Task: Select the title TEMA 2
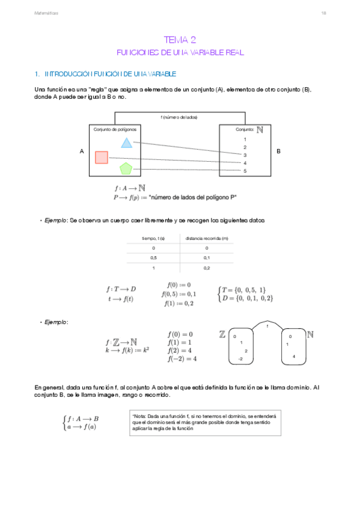point(180,40)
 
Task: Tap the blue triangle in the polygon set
point(126,143)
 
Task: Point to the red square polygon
point(101,157)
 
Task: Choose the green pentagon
point(126,168)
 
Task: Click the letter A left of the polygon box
point(81,152)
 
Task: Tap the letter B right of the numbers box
point(278,152)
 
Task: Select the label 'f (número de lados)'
point(179,117)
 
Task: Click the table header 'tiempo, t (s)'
point(153,238)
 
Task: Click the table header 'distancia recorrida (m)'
point(207,238)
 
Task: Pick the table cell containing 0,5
point(153,257)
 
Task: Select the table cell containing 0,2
point(207,268)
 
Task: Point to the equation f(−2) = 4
point(182,359)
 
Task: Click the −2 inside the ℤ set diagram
point(240,359)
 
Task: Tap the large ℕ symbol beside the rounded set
point(311,334)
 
